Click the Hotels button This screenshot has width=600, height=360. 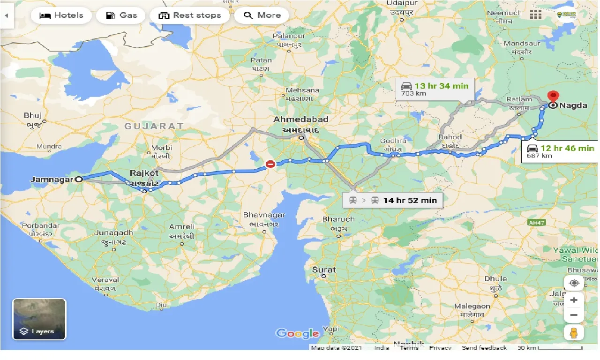(61, 15)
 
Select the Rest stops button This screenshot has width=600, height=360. (189, 15)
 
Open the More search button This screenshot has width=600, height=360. (261, 15)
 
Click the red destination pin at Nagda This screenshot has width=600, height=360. (553, 96)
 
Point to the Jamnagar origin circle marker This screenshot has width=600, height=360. (79, 179)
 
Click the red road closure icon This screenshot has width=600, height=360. (270, 164)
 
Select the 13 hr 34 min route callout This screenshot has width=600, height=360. (435, 89)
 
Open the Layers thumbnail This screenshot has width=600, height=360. (39, 319)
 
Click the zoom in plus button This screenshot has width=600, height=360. (574, 300)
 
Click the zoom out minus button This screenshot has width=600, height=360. (574, 315)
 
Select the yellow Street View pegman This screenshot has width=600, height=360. (574, 332)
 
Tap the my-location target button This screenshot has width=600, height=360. (574, 283)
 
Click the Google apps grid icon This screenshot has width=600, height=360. (536, 15)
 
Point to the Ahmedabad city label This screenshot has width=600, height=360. (301, 119)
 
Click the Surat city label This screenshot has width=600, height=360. (324, 270)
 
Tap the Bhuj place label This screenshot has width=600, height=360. (33, 115)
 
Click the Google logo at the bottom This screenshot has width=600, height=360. (297, 333)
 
